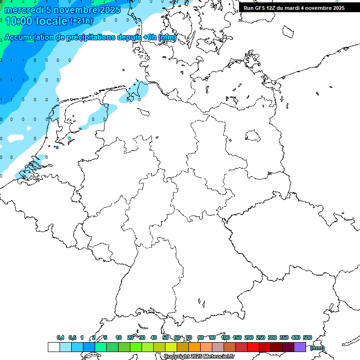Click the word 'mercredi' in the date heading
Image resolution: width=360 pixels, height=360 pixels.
23,10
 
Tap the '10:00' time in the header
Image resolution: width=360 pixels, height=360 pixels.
19,21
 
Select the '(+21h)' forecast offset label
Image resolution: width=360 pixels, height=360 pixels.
81,21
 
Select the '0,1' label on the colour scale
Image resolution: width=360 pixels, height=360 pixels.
60,337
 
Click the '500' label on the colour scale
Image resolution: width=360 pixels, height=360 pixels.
307,337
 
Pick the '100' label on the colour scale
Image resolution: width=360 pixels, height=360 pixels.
225,337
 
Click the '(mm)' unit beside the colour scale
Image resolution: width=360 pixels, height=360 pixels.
317,348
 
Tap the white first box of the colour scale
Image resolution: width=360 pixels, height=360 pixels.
53,347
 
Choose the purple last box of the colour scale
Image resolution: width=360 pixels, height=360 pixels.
300,347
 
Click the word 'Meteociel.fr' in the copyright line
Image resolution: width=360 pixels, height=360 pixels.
219,357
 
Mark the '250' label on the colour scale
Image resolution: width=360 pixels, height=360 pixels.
261,337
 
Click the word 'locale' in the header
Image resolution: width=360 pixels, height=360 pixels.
52,21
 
